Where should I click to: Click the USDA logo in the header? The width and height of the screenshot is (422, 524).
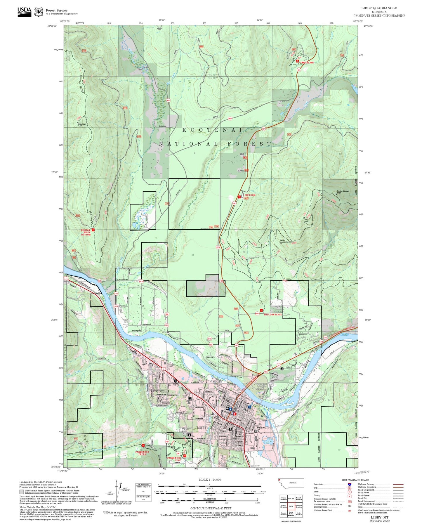(x=24, y=12)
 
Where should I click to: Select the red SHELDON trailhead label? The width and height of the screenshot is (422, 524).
(x=250, y=195)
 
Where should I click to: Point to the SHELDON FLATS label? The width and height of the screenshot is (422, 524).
(x=273, y=315)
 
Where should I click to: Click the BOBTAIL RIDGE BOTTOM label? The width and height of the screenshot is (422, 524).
(x=86, y=232)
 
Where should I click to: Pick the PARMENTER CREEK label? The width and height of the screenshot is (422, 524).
(x=143, y=453)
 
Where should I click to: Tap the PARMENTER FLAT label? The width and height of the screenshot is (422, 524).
(x=176, y=459)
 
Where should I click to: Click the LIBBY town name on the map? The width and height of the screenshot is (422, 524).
(x=202, y=428)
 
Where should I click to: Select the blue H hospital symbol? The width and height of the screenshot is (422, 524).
(x=249, y=407)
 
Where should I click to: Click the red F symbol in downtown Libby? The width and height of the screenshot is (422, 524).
(x=235, y=414)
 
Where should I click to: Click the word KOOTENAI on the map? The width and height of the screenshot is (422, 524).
(x=212, y=130)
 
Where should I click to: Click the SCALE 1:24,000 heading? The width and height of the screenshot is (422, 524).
(x=209, y=480)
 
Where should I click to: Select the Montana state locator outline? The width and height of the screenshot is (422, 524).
(x=291, y=483)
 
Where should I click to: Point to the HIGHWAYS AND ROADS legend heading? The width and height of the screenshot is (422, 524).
(x=355, y=480)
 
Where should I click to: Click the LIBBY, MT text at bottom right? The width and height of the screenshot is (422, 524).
(x=380, y=517)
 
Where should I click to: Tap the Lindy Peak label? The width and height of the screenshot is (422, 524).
(x=82, y=124)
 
